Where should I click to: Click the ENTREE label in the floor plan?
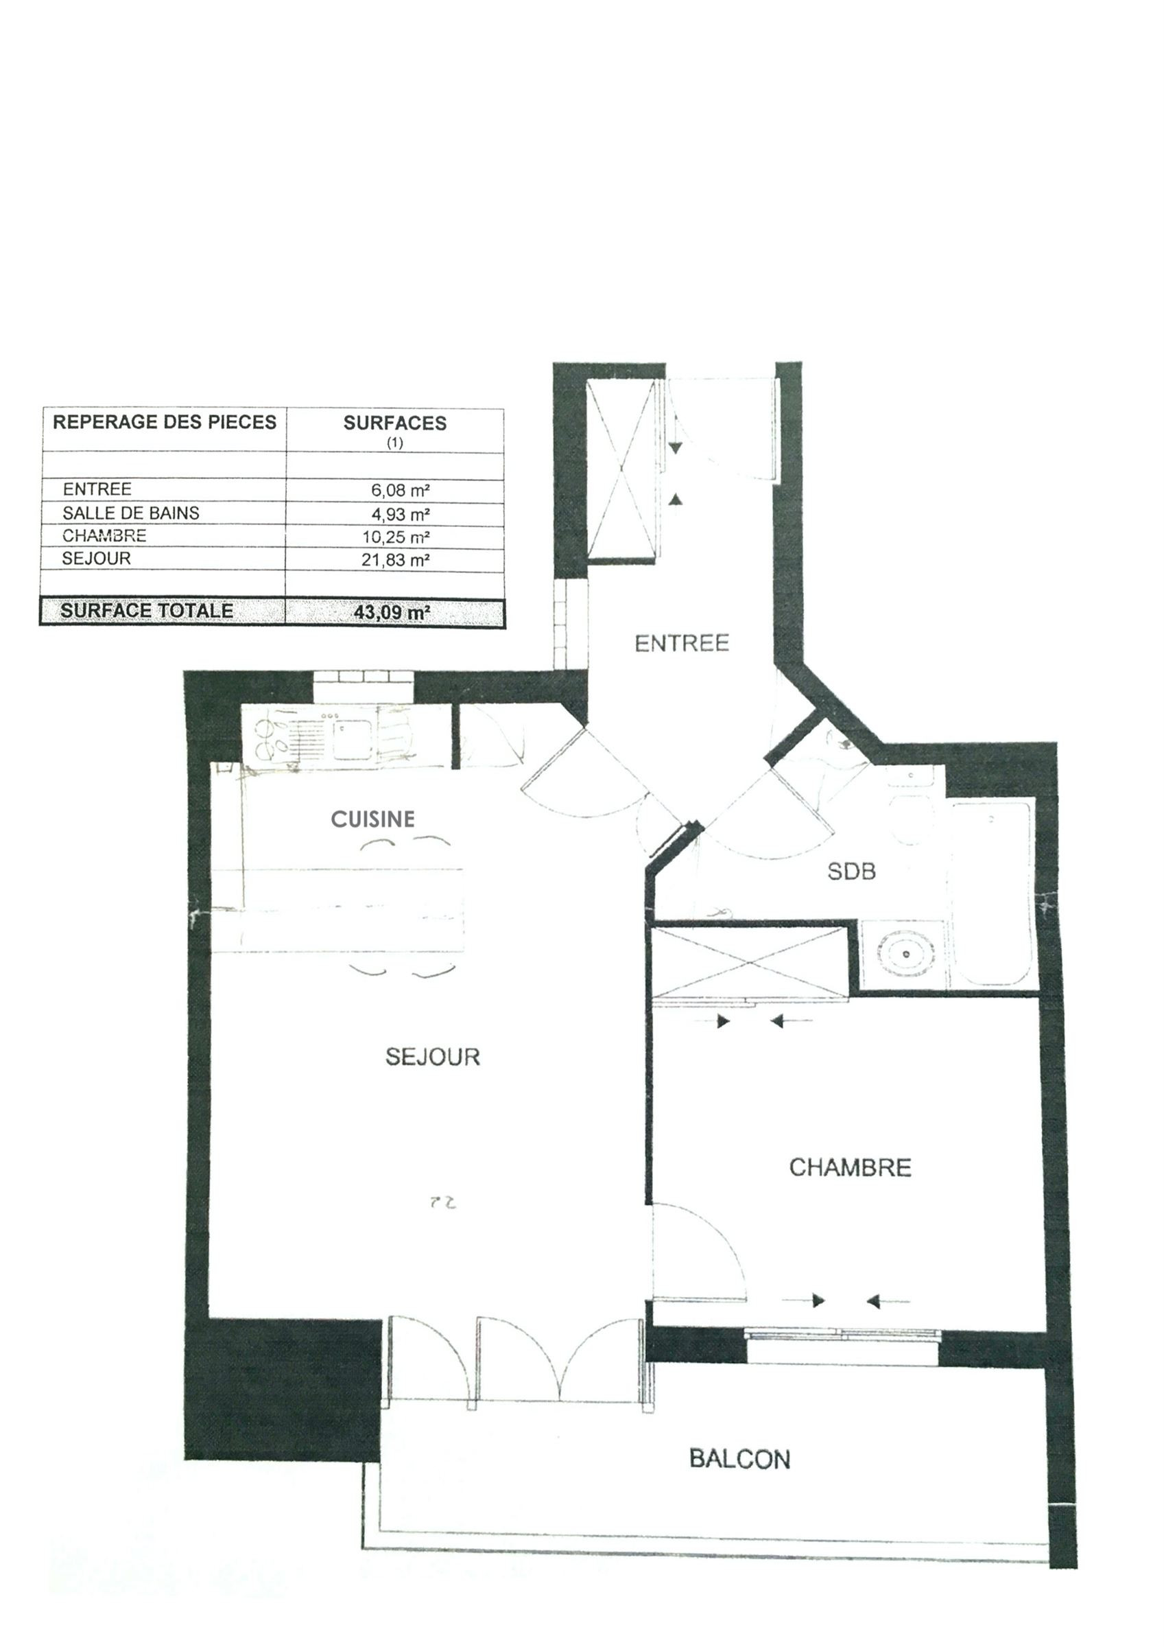tap(681, 643)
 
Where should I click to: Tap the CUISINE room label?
tap(373, 819)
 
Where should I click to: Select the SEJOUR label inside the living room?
tap(432, 1057)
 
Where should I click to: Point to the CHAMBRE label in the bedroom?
tap(850, 1168)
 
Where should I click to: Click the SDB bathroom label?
tap(851, 872)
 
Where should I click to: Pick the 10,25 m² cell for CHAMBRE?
tap(396, 537)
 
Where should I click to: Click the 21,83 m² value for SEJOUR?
tap(396, 560)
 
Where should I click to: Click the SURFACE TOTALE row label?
tap(147, 611)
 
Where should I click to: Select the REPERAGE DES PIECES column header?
tap(164, 422)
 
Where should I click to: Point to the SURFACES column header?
tap(395, 423)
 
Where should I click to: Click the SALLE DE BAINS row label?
tap(131, 513)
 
